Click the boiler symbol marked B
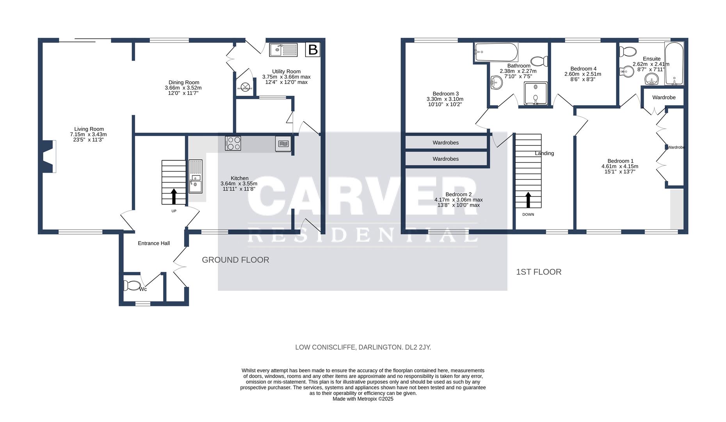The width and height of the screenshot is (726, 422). (x=313, y=50)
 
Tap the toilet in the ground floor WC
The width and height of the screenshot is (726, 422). (x=132, y=285)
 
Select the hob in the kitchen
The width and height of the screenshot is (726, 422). (x=233, y=143)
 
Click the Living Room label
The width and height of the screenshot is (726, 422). (x=89, y=129)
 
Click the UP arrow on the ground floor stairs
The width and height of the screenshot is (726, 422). (x=174, y=197)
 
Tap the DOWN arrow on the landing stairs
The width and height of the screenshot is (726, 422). (x=528, y=200)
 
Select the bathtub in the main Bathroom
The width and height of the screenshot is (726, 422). (x=496, y=52)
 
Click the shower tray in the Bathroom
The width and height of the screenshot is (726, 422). (x=536, y=93)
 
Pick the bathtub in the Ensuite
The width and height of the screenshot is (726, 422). (x=674, y=63)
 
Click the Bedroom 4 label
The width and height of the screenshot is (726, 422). (x=583, y=68)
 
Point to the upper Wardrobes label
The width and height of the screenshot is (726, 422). (x=445, y=143)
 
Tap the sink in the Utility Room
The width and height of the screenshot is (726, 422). (x=283, y=50)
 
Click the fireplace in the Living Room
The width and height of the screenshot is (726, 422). (x=48, y=156)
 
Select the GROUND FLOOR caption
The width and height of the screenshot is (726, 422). (x=235, y=260)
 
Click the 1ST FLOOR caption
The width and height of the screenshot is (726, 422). (x=539, y=272)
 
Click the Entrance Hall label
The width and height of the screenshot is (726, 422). (x=154, y=243)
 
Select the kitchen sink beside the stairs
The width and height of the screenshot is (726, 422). (x=196, y=177)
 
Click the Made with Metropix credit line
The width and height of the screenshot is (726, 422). (x=363, y=399)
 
